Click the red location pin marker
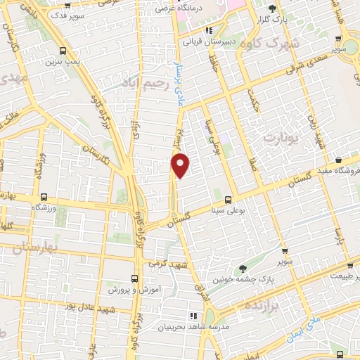(x=181, y=165)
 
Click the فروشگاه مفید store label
(x=337, y=171)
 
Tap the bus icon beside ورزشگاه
(x=44, y=198)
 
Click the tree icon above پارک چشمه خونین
(x=243, y=267)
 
